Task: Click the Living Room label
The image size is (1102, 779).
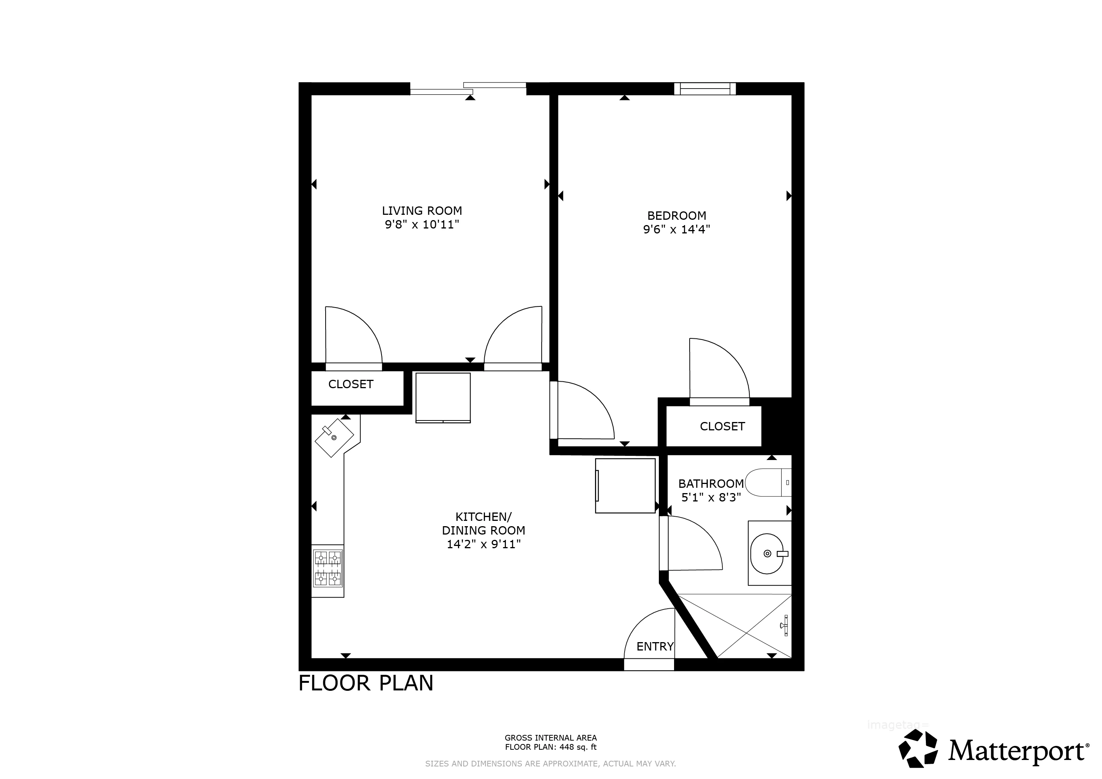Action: (x=421, y=211)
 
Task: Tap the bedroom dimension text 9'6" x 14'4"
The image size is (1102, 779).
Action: (x=676, y=229)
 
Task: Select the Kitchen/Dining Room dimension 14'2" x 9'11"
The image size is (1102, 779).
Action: (x=483, y=544)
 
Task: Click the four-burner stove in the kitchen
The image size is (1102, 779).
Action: (x=328, y=568)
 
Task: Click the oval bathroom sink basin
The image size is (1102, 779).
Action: (x=766, y=554)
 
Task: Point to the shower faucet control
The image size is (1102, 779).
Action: (x=784, y=625)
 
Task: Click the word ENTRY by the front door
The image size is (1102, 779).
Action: (x=655, y=647)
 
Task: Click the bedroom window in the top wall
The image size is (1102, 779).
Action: (x=704, y=89)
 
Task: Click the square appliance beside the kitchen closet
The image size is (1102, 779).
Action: (x=442, y=398)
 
